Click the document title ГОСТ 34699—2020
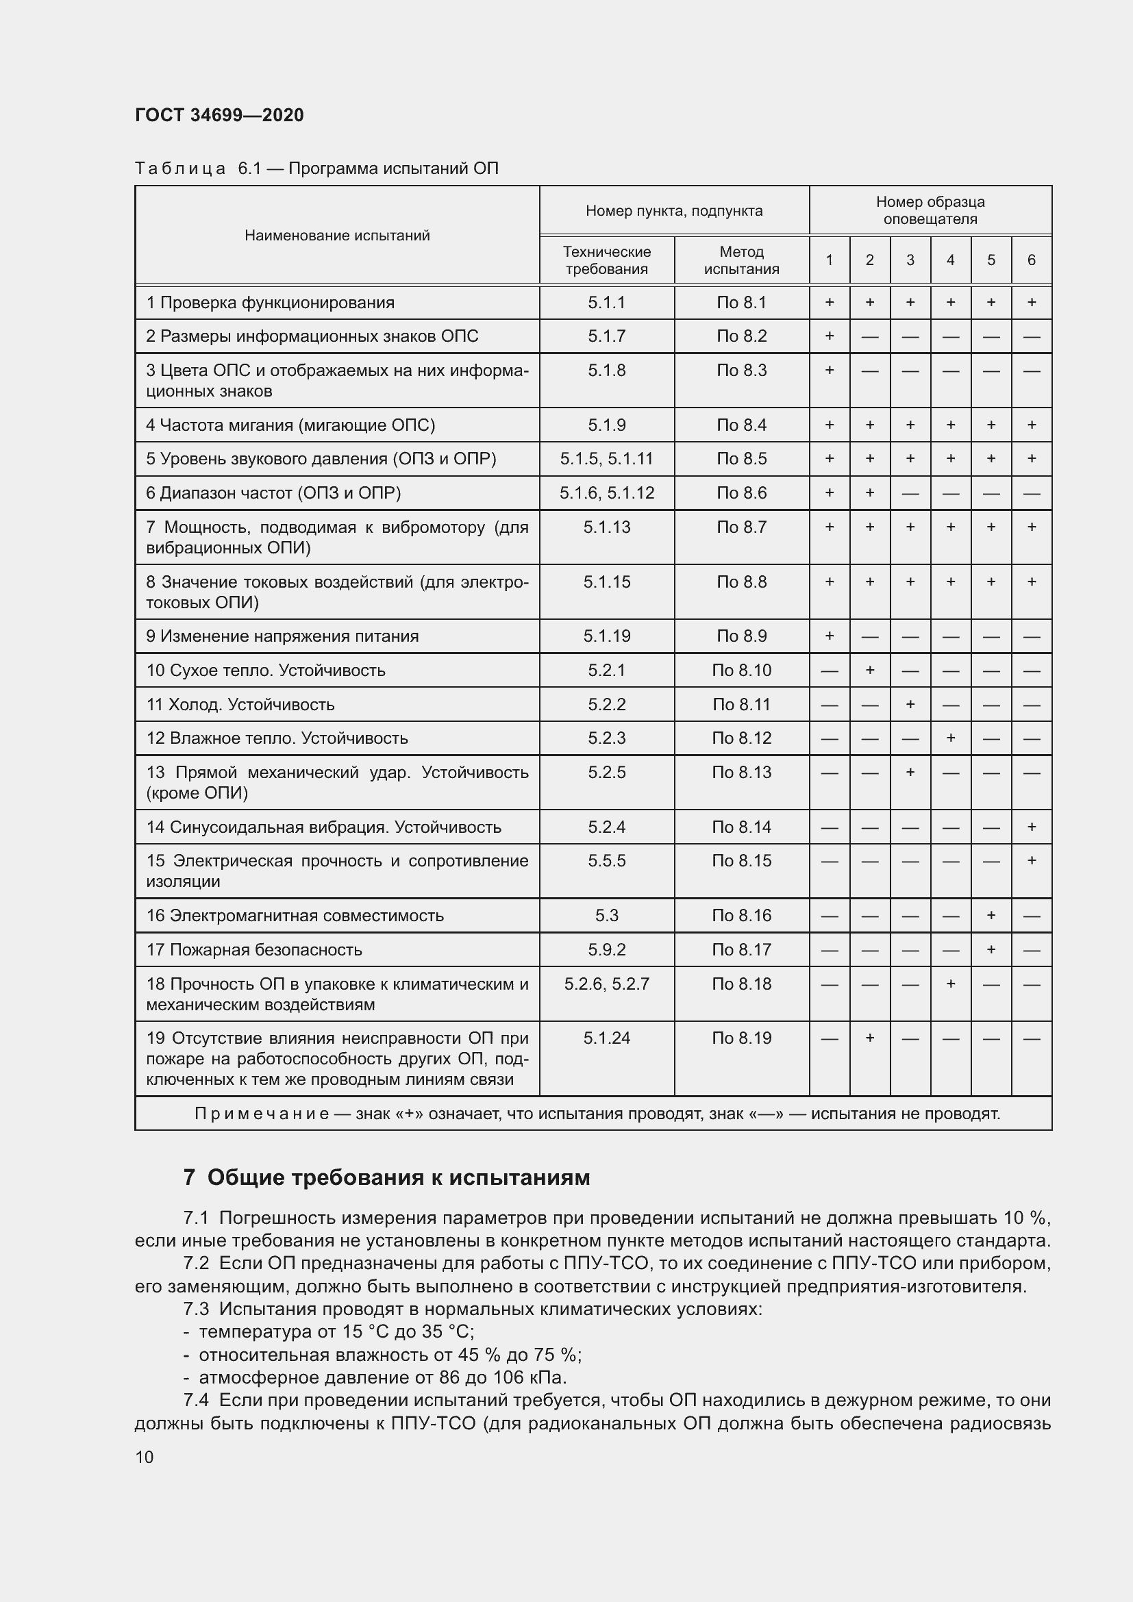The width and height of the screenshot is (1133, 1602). pos(219,115)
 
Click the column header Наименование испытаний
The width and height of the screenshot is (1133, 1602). pos(337,235)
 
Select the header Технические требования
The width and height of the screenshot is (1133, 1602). pos(606,260)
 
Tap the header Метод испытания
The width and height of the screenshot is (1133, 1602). pos(741,260)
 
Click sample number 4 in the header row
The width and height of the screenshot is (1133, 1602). pos(950,260)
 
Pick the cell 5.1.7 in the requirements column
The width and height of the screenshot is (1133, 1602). pos(606,336)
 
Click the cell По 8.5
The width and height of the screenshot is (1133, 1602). pos(741,459)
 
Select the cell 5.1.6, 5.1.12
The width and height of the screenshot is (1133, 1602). pos(606,493)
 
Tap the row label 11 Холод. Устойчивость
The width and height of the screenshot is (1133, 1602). pos(240,705)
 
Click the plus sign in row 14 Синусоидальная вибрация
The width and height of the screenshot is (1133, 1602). pos(1031,827)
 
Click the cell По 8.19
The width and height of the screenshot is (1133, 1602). pos(741,1038)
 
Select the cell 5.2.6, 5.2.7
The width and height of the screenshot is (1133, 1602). pos(606,984)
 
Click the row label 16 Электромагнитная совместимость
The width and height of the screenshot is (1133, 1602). pos(295,916)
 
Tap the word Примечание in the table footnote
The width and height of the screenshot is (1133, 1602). pos(262,1114)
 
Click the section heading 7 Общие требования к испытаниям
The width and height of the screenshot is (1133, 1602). pos(386,1178)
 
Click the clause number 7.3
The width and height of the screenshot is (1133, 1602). pos(196,1309)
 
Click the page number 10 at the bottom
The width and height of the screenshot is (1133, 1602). pos(145,1457)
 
